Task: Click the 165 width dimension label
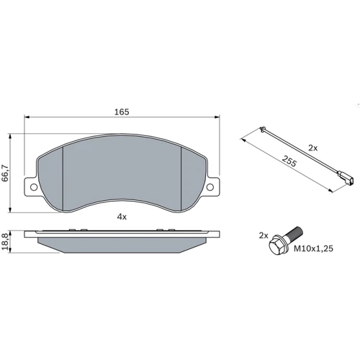click(122, 112)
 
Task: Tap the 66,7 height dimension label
click(5, 173)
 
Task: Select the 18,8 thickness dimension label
click(5, 242)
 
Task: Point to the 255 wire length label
click(289, 161)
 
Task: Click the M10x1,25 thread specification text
click(313, 248)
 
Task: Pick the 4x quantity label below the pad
click(122, 217)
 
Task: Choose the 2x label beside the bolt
click(264, 235)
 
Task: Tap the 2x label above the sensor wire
click(312, 148)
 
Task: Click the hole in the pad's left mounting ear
click(34, 187)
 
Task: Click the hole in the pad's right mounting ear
click(210, 187)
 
